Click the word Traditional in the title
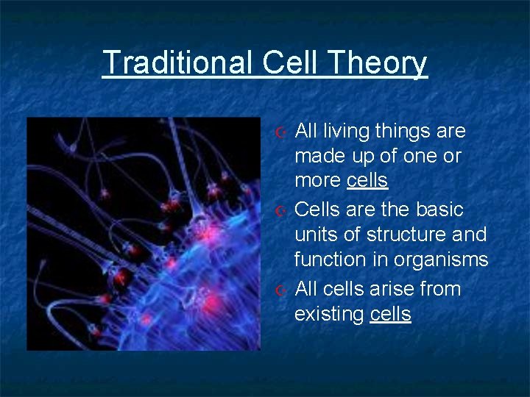tap(178, 63)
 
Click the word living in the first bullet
tap(347, 132)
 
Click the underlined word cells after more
tap(367, 181)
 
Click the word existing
tap(329, 315)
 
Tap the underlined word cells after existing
tap(390, 315)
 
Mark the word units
tap(314, 235)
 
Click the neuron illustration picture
tap(143, 234)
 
